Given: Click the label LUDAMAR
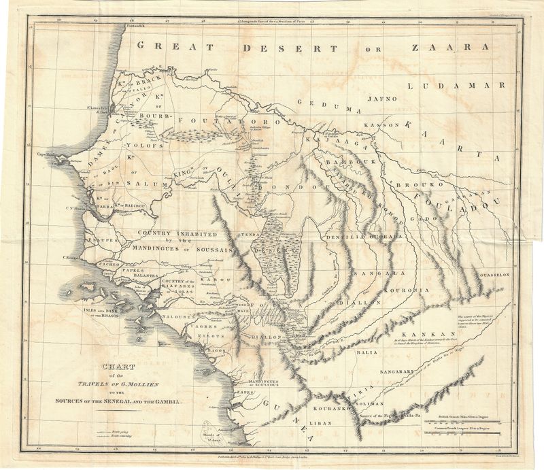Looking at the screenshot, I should tap(456, 86).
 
